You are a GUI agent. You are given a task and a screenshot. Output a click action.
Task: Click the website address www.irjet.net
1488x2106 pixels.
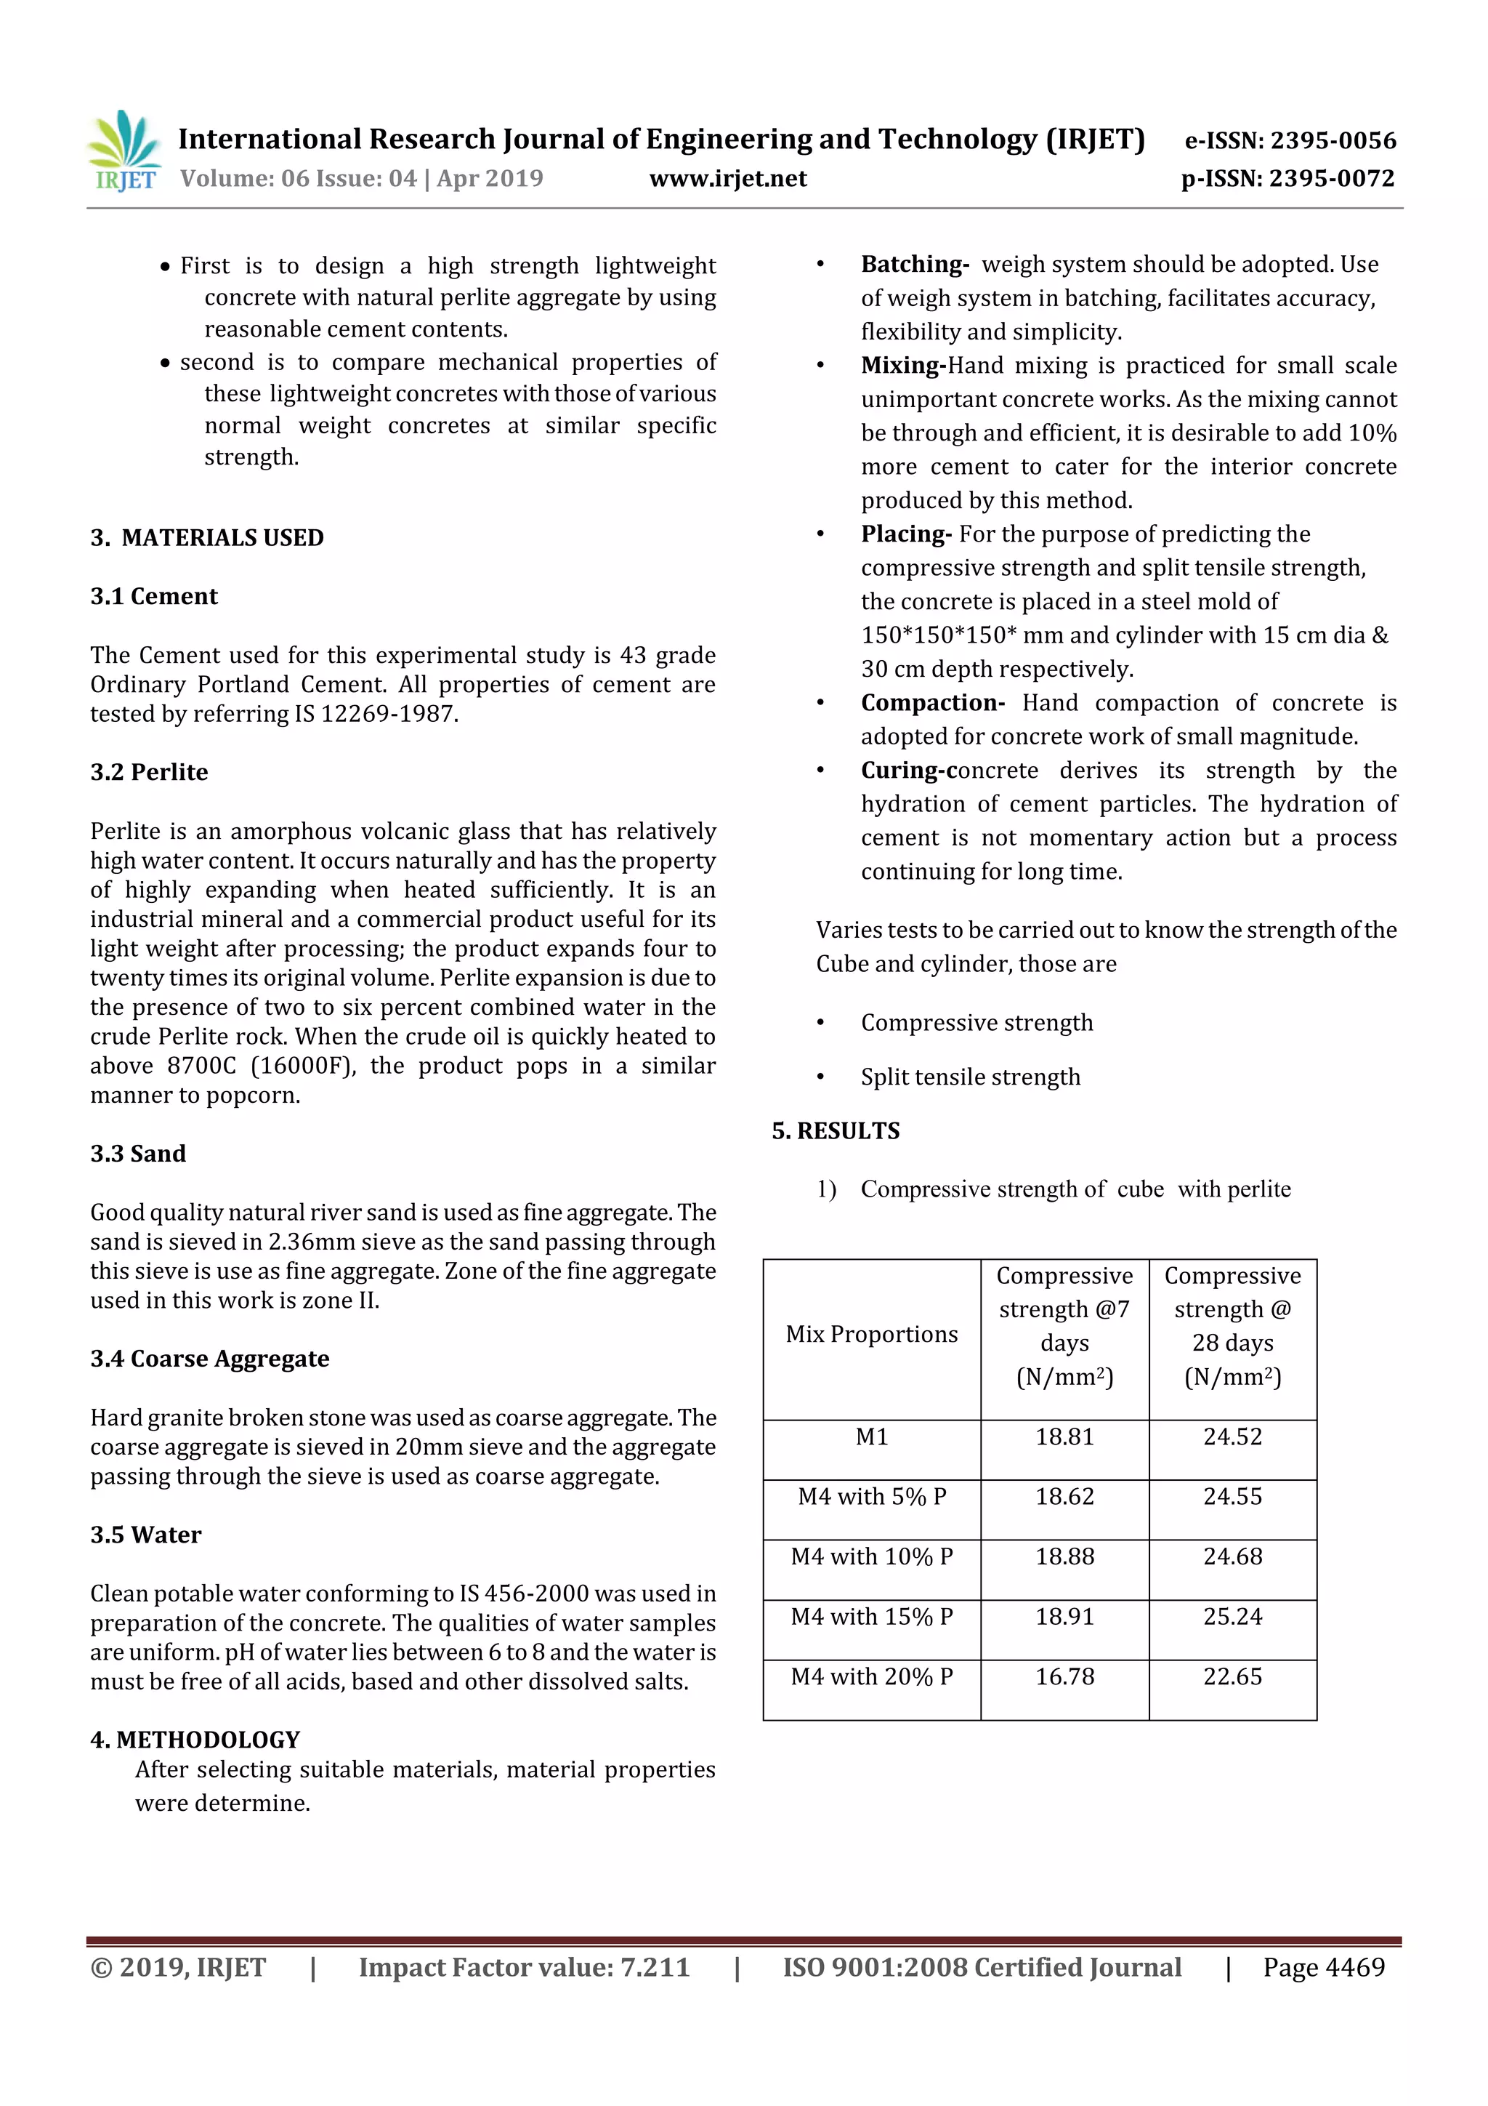point(728,179)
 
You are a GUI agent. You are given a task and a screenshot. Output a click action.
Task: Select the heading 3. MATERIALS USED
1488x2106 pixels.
point(207,537)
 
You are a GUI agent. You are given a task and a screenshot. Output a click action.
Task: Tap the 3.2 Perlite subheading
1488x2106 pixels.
point(150,772)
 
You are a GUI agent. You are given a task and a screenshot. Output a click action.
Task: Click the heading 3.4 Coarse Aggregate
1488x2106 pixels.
point(210,1359)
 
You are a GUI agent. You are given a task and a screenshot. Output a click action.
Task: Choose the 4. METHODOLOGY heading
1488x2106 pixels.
point(195,1740)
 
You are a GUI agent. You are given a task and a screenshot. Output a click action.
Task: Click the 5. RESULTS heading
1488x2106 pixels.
point(836,1131)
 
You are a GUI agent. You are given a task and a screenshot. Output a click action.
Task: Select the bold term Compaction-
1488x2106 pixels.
point(932,704)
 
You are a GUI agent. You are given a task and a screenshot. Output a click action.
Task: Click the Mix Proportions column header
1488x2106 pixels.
point(871,1335)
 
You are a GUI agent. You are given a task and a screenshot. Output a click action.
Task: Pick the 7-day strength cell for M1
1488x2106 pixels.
point(1064,1437)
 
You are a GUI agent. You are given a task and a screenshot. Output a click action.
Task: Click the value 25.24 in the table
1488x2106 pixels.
point(1232,1617)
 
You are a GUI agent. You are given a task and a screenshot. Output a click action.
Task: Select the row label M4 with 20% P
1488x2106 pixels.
point(871,1676)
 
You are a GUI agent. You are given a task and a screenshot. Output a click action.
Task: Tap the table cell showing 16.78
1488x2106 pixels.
point(1064,1676)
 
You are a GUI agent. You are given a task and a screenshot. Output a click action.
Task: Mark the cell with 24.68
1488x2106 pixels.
point(1232,1556)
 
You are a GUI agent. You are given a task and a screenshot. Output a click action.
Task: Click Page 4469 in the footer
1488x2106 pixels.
point(1323,1967)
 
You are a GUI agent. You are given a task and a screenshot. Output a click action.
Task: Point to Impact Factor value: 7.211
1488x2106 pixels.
point(524,1967)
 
